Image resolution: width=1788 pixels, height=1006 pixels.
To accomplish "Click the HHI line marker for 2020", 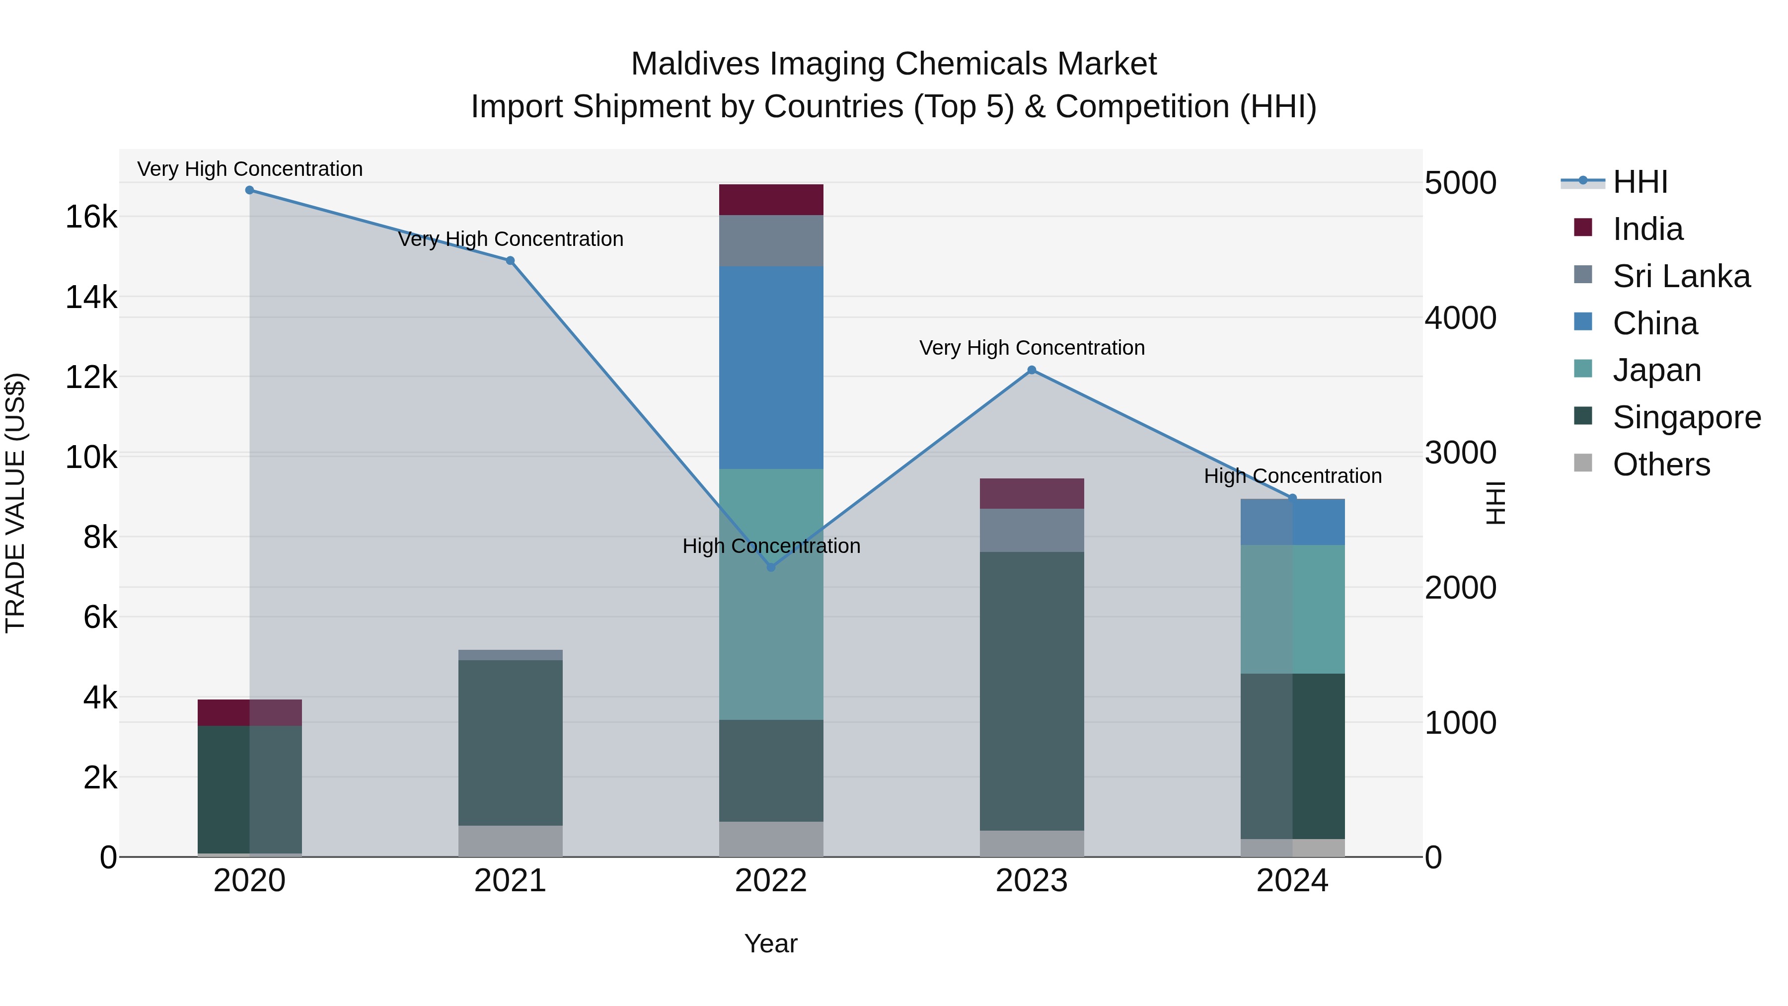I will pyautogui.click(x=249, y=190).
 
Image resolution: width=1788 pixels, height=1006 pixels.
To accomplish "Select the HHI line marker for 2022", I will pyautogui.click(x=770, y=567).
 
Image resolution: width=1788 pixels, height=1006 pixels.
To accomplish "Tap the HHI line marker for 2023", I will pyautogui.click(x=1032, y=370).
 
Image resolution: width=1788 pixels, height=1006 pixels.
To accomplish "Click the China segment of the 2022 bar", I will pyautogui.click(x=770, y=368).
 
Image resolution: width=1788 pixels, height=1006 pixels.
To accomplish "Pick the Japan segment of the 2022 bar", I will pyautogui.click(x=770, y=594).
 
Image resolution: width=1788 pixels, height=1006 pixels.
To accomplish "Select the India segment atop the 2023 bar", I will pyautogui.click(x=1032, y=494).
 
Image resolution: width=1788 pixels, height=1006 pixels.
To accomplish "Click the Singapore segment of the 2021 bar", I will pyautogui.click(x=510, y=743).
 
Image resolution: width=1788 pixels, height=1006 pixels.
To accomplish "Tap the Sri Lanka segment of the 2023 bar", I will pyautogui.click(x=1032, y=531).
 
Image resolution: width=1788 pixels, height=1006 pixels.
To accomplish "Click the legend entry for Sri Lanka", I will pyautogui.click(x=1680, y=276).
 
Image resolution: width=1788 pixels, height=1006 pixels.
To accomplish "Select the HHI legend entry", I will pyautogui.click(x=1639, y=182).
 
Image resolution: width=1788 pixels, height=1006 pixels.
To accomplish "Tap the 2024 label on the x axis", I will pyautogui.click(x=1292, y=881).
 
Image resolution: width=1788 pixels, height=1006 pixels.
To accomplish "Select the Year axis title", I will pyautogui.click(x=770, y=943).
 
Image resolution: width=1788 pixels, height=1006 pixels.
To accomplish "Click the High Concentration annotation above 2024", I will pyautogui.click(x=1292, y=476).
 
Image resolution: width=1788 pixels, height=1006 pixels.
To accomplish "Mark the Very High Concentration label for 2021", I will pyautogui.click(x=510, y=239).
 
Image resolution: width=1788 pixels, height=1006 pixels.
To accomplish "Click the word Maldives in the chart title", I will pyautogui.click(x=695, y=64).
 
